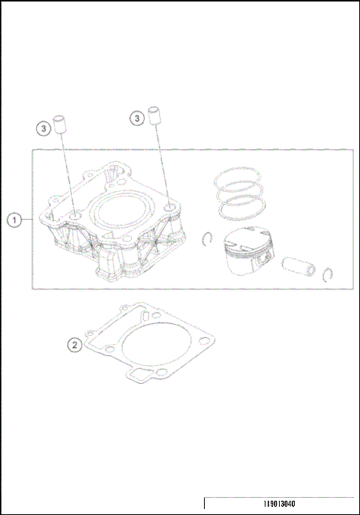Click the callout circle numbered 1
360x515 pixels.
[14, 220]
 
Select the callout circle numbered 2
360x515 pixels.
[74, 345]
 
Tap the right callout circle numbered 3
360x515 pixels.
[136, 118]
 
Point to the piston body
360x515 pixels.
[247, 256]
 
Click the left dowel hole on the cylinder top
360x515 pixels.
[75, 218]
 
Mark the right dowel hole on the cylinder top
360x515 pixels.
[172, 208]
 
